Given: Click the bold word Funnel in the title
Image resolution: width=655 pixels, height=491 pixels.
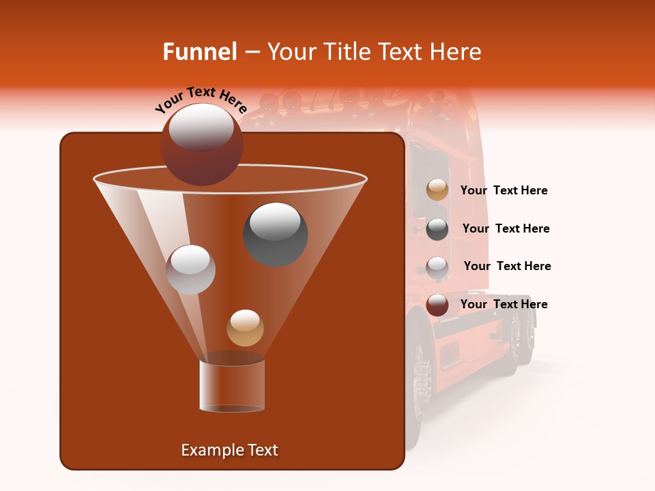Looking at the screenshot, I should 199,52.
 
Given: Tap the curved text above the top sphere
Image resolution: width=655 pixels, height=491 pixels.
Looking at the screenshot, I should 201,100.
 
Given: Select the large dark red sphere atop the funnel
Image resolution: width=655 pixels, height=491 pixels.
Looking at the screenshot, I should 201,145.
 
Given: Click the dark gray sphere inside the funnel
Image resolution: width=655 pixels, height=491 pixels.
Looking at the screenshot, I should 275,234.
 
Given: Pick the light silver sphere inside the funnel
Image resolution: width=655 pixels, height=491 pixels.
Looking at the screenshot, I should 191,269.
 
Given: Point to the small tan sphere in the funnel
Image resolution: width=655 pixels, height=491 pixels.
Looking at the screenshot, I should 245,328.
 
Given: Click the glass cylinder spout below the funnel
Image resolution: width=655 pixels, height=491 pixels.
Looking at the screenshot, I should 232,386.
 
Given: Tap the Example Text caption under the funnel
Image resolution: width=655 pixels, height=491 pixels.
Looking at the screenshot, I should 229,450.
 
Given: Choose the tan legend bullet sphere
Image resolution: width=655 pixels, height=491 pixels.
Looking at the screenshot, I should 437,190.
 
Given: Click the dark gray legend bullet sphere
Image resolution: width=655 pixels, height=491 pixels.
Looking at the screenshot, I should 437,228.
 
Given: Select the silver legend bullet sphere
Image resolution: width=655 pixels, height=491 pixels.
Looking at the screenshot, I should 437,267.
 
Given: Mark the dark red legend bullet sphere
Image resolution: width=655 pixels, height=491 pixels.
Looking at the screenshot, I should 437,305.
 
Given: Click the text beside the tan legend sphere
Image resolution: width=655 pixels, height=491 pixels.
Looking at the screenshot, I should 504,191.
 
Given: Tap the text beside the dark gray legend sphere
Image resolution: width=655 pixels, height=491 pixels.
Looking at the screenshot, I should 506,229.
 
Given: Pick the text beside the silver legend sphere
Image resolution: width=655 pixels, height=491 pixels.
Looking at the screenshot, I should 507,267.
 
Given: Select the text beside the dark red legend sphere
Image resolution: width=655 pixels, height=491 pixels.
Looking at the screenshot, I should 504,305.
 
